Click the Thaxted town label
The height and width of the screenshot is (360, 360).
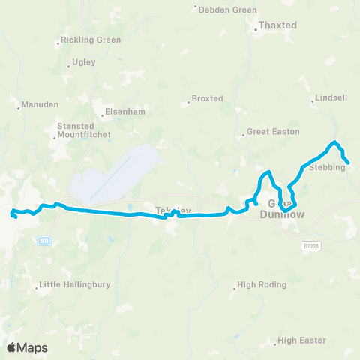coord(278,25)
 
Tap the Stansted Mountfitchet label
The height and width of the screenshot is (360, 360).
coord(83,130)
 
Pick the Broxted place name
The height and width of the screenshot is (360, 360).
coord(207,98)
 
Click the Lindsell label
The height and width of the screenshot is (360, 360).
coord(331,99)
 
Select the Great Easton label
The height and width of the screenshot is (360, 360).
coord(274,132)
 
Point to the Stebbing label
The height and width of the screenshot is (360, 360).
coord(326,167)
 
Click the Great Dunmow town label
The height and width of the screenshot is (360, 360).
coord(281,209)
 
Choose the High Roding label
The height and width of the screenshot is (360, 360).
coord(257,285)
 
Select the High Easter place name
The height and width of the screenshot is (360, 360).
coord(301,340)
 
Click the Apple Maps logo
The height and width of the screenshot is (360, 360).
coord(27,347)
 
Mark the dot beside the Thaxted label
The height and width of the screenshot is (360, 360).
coord(254,25)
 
